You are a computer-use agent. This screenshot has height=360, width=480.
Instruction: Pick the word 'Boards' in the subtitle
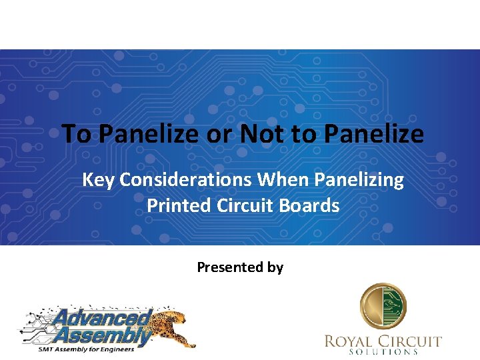click(313, 205)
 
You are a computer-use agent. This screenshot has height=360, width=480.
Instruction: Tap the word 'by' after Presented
click(275, 268)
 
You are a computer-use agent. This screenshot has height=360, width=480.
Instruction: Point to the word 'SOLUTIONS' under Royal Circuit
click(383, 352)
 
